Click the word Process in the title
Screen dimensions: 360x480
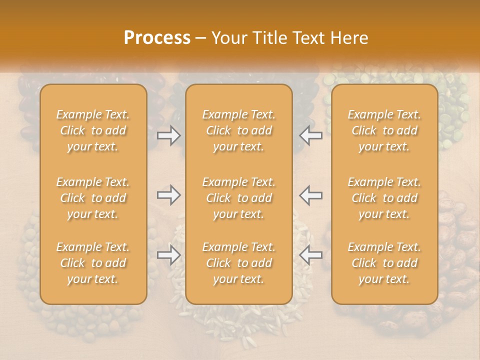157,38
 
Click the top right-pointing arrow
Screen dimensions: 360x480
169,135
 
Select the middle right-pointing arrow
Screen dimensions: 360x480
169,195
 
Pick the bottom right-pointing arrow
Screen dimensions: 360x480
169,255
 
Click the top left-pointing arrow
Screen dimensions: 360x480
310,135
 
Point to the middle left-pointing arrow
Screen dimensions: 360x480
310,195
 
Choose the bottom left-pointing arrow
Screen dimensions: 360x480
310,255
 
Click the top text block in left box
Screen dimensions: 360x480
93,130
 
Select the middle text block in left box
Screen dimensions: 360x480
93,198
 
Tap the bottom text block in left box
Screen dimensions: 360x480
93,263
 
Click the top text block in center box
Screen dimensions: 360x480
238,130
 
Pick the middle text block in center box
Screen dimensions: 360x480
238,198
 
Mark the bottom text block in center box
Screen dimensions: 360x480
238,263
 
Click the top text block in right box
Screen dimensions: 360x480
384,130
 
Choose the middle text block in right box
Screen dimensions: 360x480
384,198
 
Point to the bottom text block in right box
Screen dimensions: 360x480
384,263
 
